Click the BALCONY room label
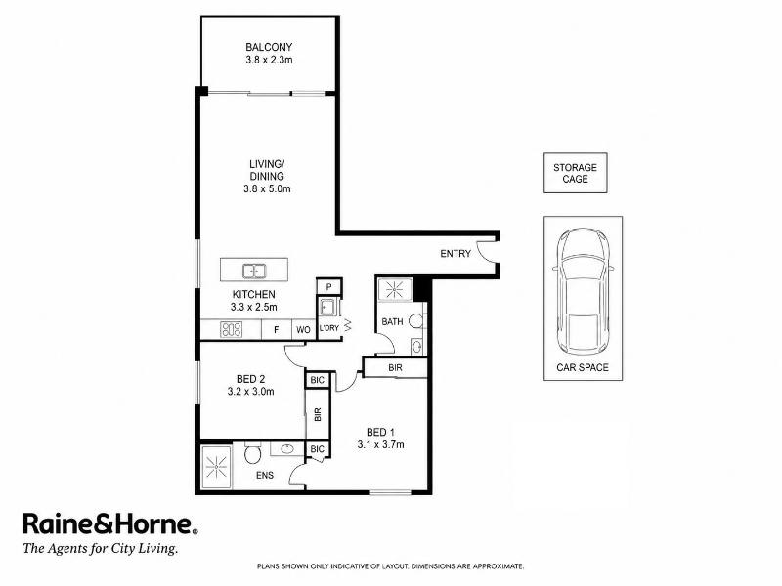point(269,47)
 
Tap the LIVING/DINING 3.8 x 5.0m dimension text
point(267,188)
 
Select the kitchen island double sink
point(254,272)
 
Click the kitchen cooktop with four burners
point(232,329)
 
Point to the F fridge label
point(277,330)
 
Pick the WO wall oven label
point(303,330)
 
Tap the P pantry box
point(329,286)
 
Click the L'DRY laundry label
point(328,328)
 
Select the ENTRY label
point(456,254)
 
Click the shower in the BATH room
point(395,289)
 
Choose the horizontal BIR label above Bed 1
point(396,368)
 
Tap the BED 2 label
point(251,379)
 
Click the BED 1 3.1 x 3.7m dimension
point(380,444)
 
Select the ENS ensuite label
point(265,475)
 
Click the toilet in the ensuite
point(252,453)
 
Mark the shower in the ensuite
point(216,467)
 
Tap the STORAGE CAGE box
point(575,173)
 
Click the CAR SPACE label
point(583,368)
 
